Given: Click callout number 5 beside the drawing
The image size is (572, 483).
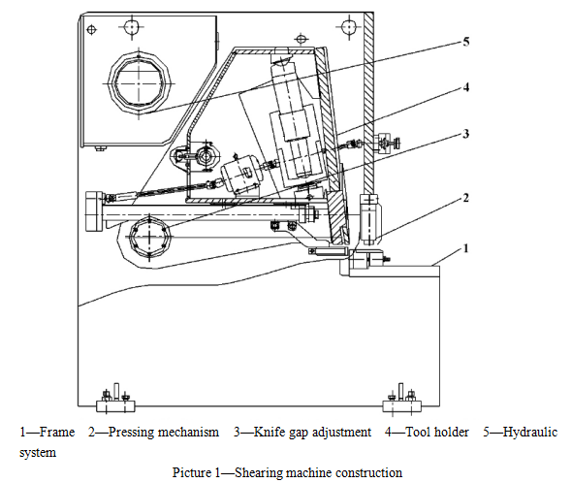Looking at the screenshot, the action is (466, 42).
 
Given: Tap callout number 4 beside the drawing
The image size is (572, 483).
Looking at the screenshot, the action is (466, 87).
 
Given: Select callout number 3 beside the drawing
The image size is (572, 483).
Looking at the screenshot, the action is (466, 134).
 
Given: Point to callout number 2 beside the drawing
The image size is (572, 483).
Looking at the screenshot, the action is (466, 198).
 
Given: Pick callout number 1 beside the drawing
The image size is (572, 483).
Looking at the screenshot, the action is (466, 248).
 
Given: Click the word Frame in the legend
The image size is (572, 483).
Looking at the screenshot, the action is (57, 433).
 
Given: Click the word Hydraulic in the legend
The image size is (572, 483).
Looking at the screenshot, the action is (530, 433).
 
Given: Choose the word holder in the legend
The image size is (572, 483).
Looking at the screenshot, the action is (451, 433).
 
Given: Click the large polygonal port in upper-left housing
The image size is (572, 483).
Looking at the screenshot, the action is (139, 83).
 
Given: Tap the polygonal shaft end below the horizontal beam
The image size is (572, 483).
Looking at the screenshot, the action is (149, 237).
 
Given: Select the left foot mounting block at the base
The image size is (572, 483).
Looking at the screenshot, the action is (115, 406).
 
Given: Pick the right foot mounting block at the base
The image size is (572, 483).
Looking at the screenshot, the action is (402, 406).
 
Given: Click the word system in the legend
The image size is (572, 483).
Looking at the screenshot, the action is (38, 453).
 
